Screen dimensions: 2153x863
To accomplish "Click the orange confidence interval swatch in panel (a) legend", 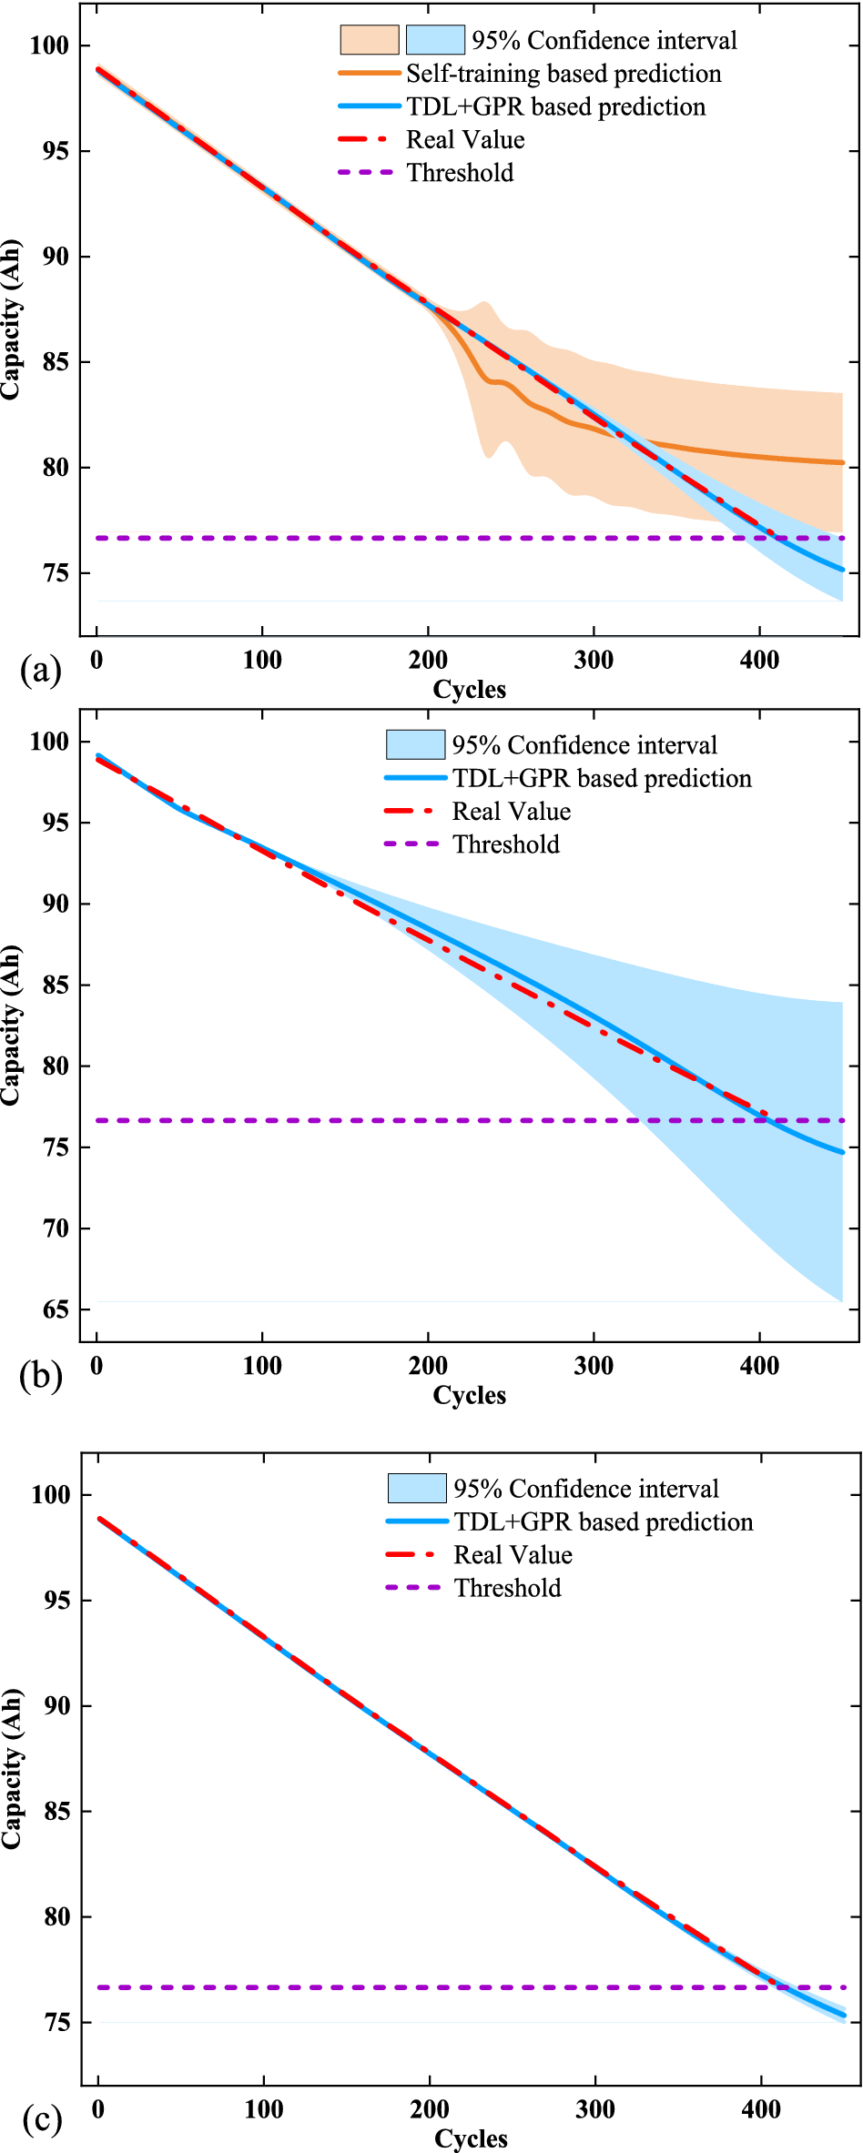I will [370, 40].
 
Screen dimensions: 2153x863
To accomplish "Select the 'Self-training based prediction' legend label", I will [563, 74].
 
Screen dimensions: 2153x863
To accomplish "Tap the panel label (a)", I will [40, 670].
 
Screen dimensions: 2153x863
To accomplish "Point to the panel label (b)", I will [40, 1375].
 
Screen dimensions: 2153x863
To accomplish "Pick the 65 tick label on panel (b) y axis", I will [56, 1309].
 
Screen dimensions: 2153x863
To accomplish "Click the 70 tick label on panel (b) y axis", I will [56, 1228].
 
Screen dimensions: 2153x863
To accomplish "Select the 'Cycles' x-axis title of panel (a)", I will [469, 690].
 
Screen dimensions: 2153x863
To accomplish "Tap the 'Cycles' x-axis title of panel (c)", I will [471, 2138].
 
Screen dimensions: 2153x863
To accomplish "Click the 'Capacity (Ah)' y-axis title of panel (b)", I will [11, 1026].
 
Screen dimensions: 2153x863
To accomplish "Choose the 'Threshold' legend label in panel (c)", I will [508, 1588].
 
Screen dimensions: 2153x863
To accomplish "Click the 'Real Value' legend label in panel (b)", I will [512, 812].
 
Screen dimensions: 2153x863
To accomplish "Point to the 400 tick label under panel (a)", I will [759, 661].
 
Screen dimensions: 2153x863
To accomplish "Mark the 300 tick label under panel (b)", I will [594, 1366].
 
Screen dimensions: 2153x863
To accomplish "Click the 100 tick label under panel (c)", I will [264, 2109].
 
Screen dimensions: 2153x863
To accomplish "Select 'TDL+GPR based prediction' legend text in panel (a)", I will [555, 106].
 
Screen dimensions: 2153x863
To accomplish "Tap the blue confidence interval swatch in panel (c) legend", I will [417, 1489].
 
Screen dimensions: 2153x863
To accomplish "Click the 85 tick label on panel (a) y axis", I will [56, 362].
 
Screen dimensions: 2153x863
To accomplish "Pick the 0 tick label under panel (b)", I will [96, 1366].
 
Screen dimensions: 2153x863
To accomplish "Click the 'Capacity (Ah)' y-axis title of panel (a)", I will [11, 319].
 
